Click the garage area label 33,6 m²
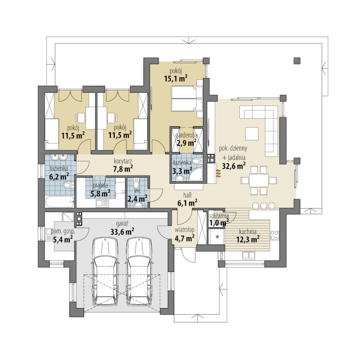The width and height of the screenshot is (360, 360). [122, 231]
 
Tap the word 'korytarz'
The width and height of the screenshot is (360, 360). [123, 161]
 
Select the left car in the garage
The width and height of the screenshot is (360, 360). [105, 272]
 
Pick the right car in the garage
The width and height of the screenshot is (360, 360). [139, 272]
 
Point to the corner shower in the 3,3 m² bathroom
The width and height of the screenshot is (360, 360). [196, 174]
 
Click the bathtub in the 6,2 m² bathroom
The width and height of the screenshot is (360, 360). [60, 202]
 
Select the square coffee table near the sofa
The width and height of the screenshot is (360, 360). [252, 133]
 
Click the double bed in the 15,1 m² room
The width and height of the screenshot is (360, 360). [187, 98]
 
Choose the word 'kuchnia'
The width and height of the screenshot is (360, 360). [248, 231]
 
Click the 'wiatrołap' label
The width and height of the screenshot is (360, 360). [185, 230]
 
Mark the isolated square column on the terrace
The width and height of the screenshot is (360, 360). [297, 61]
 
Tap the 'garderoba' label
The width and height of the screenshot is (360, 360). [186, 135]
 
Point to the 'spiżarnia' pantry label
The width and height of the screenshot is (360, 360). [219, 215]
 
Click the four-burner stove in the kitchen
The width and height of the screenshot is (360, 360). [275, 235]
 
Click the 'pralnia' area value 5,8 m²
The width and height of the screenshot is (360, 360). [100, 193]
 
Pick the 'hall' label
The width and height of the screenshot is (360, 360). [187, 195]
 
